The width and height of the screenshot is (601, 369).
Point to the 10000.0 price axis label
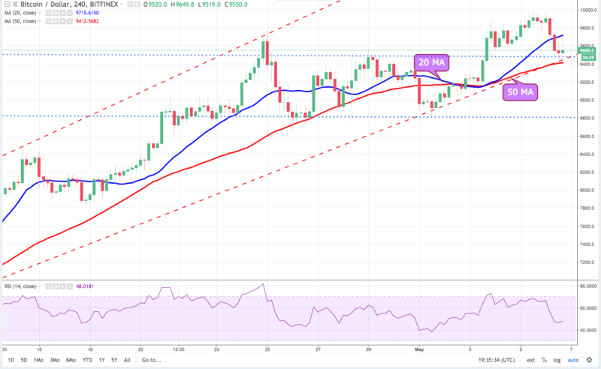click(588, 10)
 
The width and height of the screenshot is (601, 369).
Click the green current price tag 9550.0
click(588, 50)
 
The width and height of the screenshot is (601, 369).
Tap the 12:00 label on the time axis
click(179, 349)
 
